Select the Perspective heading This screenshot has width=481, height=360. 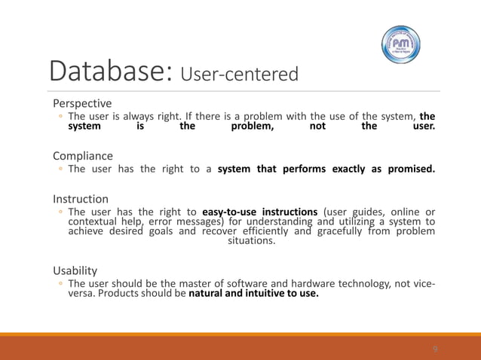click(81, 102)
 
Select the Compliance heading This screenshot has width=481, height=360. click(83, 155)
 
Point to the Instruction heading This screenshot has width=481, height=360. click(81, 199)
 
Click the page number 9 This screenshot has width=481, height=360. click(435, 349)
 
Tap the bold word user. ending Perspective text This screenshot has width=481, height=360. click(424, 127)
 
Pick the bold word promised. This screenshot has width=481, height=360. click(411, 169)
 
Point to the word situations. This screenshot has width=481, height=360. click(251, 241)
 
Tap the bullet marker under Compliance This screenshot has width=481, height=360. click(60, 169)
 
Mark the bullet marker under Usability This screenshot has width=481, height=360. click(60, 284)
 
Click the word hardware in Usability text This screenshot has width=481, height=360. click(283, 283)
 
